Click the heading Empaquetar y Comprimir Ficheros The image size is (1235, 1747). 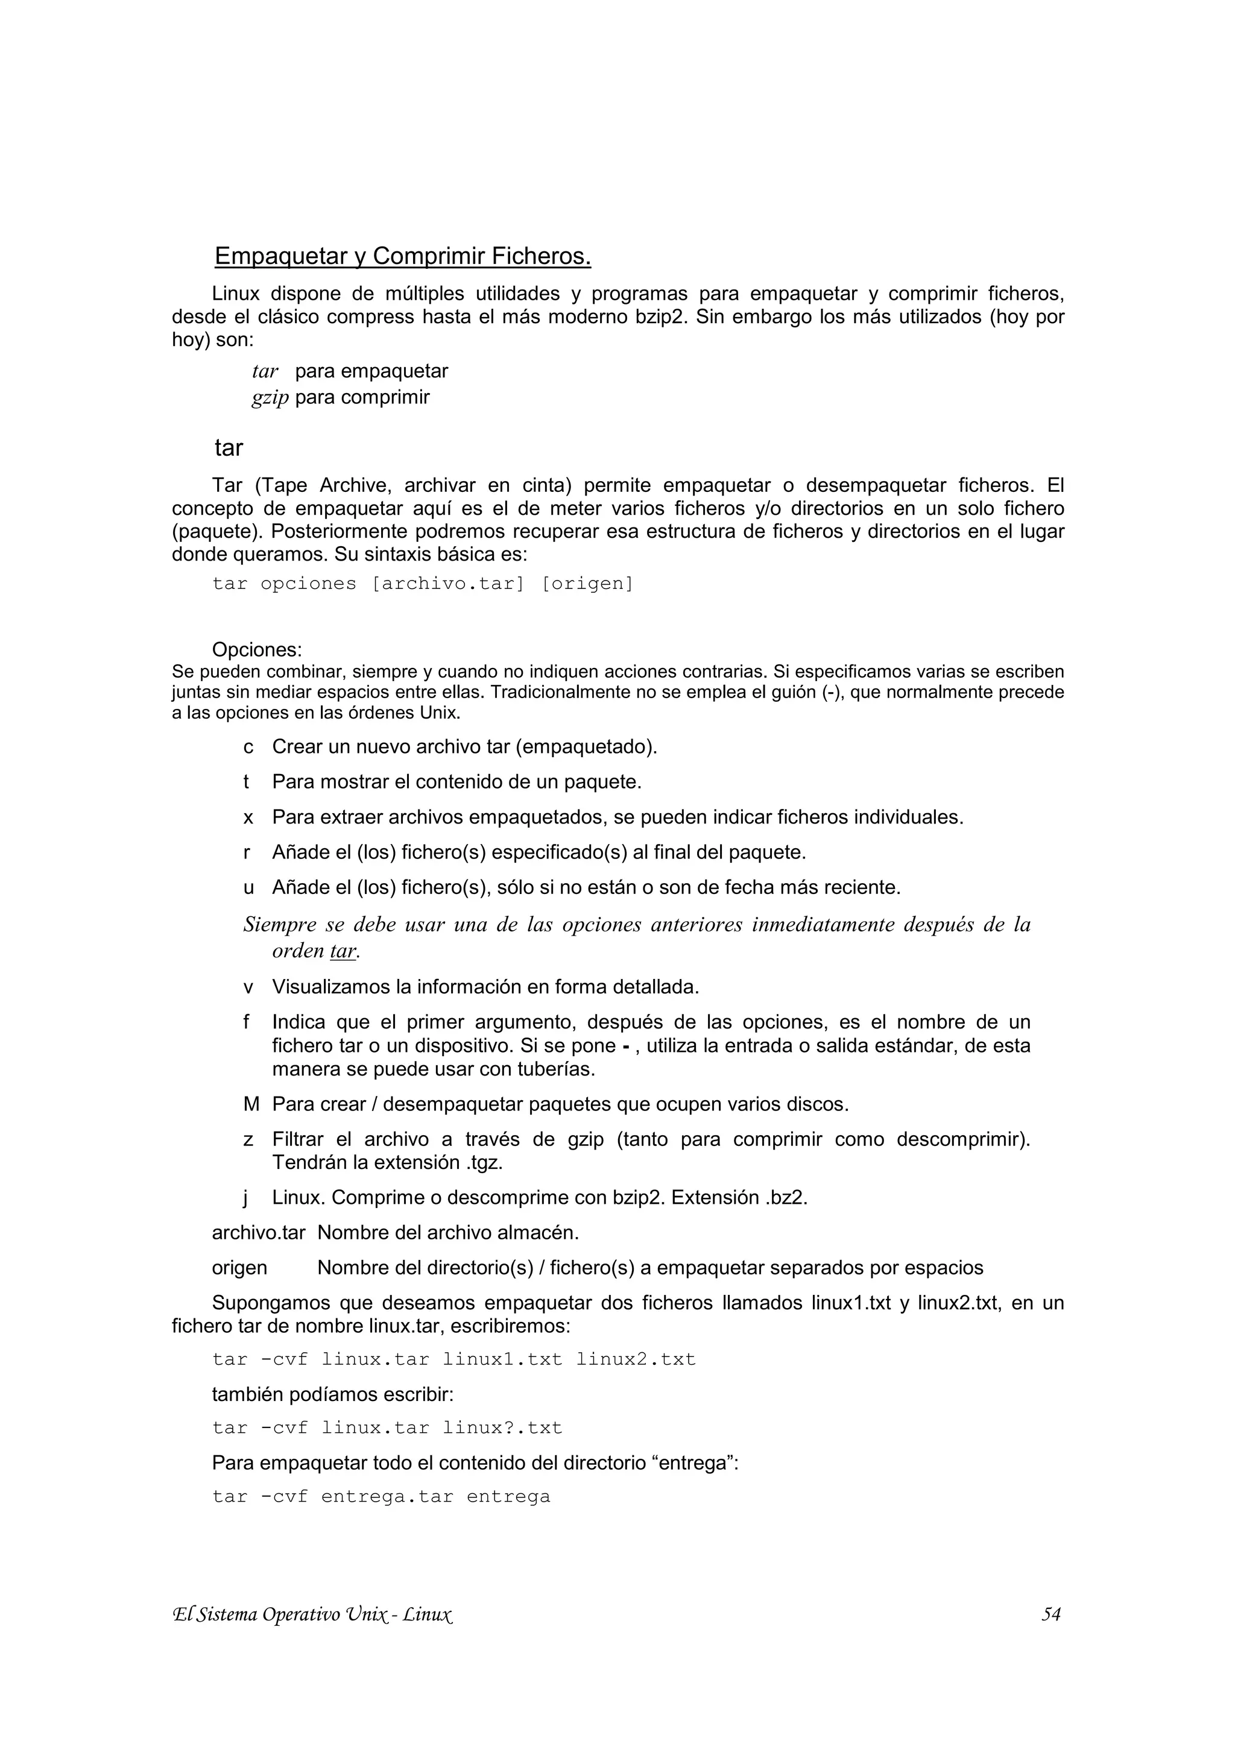coord(403,256)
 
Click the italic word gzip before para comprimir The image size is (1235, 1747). coord(270,397)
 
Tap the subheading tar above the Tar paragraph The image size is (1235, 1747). coord(229,448)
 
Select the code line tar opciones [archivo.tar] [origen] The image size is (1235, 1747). coord(422,584)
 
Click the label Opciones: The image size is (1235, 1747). coord(256,650)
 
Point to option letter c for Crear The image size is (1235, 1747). coord(248,747)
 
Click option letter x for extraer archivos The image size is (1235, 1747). coord(248,817)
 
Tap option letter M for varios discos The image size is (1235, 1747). coord(251,1104)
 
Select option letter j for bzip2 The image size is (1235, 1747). coord(246,1198)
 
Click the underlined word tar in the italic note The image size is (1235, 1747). coord(343,951)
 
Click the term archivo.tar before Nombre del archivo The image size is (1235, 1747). coord(259,1233)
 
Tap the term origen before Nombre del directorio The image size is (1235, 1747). coord(239,1268)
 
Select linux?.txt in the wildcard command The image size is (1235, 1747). coord(502,1428)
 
